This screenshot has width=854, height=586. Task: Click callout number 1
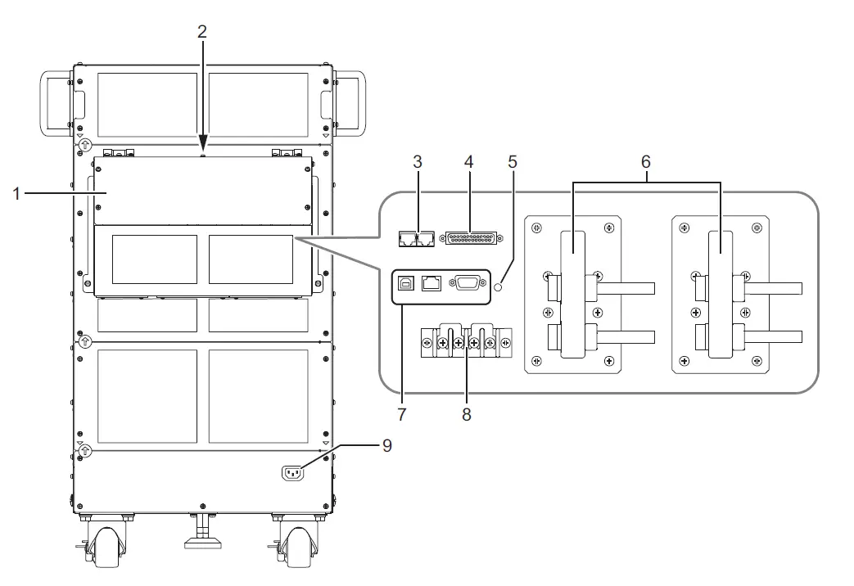click(x=16, y=194)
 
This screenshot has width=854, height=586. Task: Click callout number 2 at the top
click(x=202, y=32)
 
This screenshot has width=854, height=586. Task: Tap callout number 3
click(x=417, y=161)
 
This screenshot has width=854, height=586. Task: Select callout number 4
click(x=468, y=161)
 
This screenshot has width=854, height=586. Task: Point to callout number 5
click(x=513, y=161)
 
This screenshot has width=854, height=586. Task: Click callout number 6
click(x=646, y=162)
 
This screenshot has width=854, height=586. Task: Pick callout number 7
click(x=401, y=414)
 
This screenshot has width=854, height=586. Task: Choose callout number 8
click(x=466, y=414)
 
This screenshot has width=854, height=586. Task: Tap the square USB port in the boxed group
click(x=405, y=284)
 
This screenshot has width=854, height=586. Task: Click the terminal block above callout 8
click(x=465, y=341)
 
